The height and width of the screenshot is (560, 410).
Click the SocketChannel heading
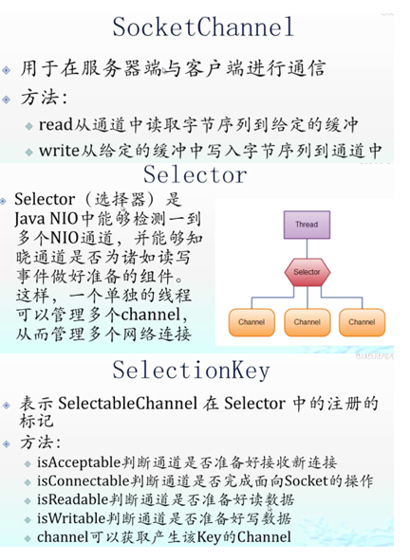pos(203,27)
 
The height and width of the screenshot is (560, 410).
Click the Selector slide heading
pos(195,174)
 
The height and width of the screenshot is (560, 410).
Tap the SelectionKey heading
pos(191,370)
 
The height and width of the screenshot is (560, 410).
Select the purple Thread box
pos(307,225)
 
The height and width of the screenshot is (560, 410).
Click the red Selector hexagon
pos(307,272)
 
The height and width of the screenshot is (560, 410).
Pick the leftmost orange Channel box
pos(252,322)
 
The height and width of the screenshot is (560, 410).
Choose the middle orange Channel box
pos(307,322)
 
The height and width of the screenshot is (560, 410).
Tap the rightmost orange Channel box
pos(362,322)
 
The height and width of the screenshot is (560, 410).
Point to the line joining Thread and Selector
pos(307,248)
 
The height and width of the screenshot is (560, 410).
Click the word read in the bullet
pos(56,125)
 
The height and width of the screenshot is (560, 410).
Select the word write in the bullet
pos(59,151)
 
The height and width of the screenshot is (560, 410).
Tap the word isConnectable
pos(83,481)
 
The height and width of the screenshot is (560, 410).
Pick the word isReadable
pos(72,499)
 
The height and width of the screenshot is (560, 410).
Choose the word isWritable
pos(71,518)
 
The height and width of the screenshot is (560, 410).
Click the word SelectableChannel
pos(128,404)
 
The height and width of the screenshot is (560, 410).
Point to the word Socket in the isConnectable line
pos(307,481)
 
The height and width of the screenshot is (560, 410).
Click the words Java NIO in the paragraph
pos(47,219)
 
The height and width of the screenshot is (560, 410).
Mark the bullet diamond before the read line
pos(29,126)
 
